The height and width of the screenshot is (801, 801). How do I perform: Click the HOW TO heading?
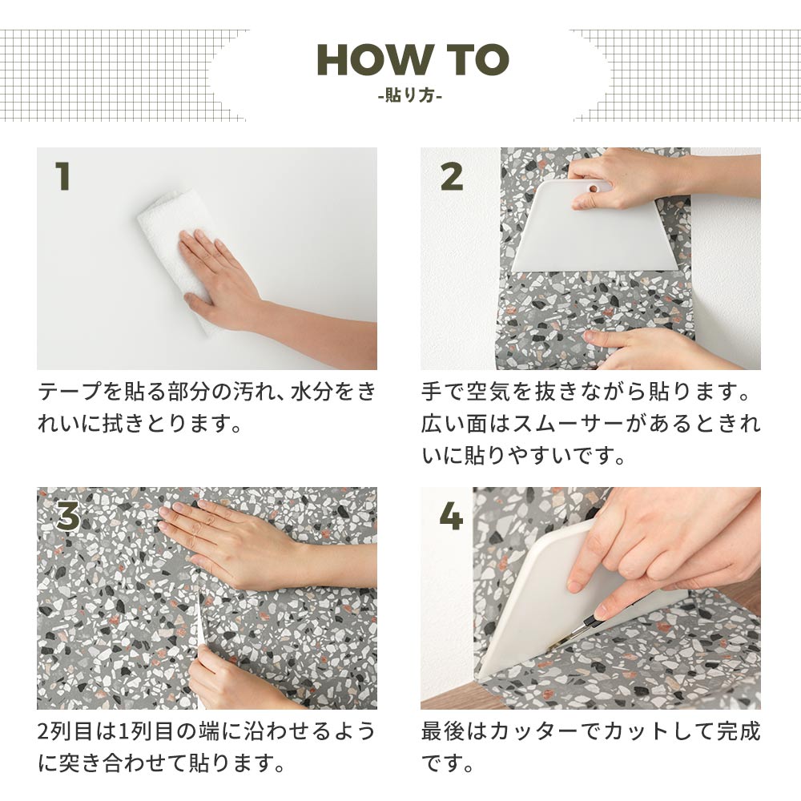tap(413, 60)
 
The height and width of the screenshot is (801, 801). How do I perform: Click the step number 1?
tap(62, 176)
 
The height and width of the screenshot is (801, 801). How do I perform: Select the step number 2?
tap(451, 176)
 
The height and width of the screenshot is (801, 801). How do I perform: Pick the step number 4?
tap(451, 517)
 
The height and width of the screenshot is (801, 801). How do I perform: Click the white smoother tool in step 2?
tap(597, 232)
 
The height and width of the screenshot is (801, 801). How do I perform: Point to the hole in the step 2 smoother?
tap(593, 187)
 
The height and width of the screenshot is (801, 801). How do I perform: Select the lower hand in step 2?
tap(641, 346)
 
